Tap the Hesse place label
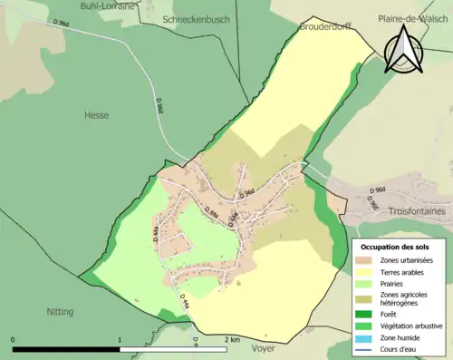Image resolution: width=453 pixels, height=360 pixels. pyautogui.click(x=96, y=115)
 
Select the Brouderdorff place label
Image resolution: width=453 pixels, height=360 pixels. pyautogui.click(x=326, y=28)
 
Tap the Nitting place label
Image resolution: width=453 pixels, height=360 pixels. pyautogui.click(x=60, y=311)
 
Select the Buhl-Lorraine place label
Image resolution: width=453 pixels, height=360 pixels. pyautogui.click(x=107, y=5)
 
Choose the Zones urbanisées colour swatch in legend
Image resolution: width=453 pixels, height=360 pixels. pyautogui.click(x=365, y=260)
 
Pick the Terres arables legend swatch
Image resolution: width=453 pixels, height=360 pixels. pyautogui.click(x=365, y=272)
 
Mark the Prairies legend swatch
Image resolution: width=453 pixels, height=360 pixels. pyautogui.click(x=365, y=284)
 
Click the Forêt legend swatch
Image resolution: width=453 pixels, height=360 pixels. pyautogui.click(x=365, y=313)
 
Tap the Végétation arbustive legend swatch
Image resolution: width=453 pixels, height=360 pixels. pyautogui.click(x=365, y=325)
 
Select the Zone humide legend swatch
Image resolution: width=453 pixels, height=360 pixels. pyautogui.click(x=365, y=336)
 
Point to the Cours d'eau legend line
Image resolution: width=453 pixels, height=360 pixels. pyautogui.click(x=365, y=348)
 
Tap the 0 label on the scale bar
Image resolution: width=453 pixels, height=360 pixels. pyautogui.click(x=14, y=339)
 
